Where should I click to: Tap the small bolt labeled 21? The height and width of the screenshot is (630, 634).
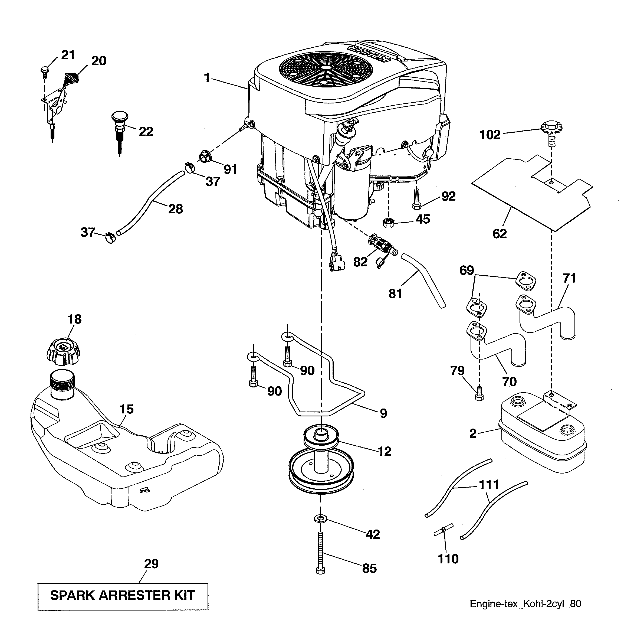pos(44,71)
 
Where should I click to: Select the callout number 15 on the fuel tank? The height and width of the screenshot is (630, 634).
pos(126,409)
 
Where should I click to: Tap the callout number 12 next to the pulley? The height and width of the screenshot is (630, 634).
pos(385,451)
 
